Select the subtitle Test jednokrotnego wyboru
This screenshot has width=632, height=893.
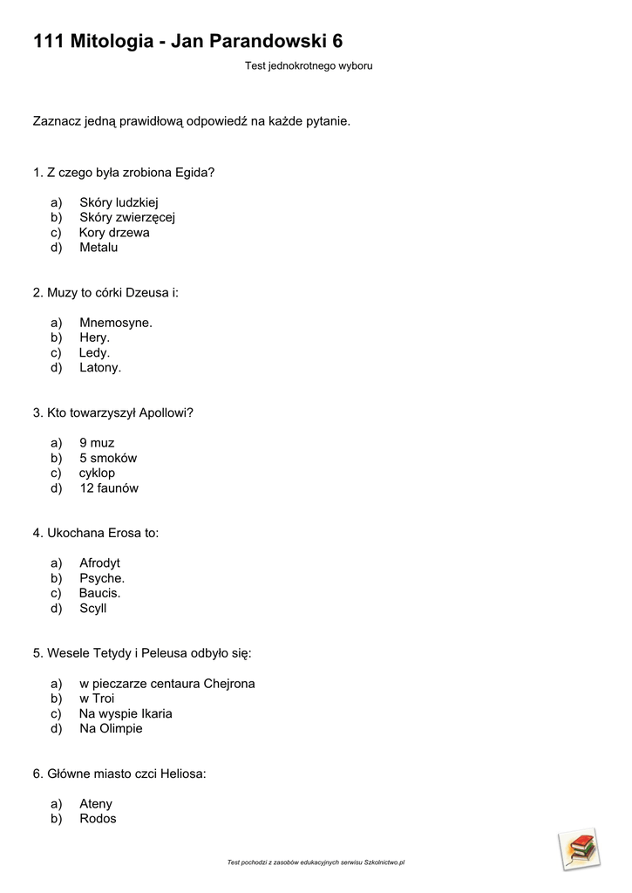coord(309,65)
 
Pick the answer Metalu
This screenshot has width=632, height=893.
coord(99,248)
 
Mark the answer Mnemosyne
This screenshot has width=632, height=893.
coord(116,323)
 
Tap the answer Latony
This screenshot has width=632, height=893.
coord(100,368)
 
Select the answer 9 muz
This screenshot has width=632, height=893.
coord(97,443)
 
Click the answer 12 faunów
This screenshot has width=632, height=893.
coord(109,488)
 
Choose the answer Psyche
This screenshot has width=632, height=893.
coord(102,578)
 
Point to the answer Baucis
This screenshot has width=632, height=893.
coord(99,593)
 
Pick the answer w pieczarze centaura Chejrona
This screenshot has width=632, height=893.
coord(167,684)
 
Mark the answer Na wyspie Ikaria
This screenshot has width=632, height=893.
coord(126,713)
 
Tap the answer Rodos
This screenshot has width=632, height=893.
coord(98,819)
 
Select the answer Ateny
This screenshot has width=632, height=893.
coord(96,804)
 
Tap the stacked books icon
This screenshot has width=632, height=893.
coord(579,849)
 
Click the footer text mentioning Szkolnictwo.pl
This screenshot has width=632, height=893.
coord(316,862)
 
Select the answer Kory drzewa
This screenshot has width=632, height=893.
coord(114,233)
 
